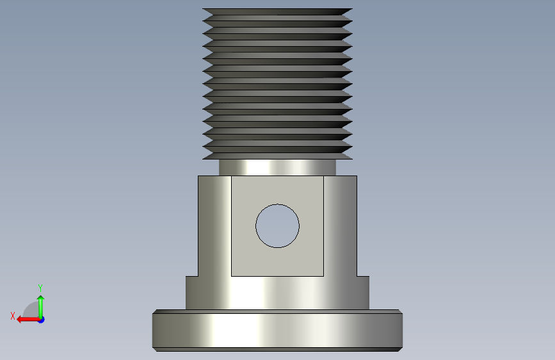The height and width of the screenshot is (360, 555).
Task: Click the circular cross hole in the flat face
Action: tap(278, 225)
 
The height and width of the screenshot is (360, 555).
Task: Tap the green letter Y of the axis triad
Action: tap(40, 288)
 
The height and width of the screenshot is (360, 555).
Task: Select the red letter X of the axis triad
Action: tap(13, 316)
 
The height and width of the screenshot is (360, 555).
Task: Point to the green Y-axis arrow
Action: tap(41, 307)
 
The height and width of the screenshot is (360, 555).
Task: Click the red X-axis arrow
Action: tap(29, 320)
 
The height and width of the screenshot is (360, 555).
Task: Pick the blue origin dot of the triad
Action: tap(41, 320)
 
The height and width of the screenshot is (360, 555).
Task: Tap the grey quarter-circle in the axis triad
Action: tap(32, 311)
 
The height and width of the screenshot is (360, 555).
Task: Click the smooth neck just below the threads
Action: tap(278, 167)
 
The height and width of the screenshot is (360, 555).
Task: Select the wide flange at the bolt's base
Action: tap(278, 331)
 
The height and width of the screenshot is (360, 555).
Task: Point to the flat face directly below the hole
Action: tap(278, 262)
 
